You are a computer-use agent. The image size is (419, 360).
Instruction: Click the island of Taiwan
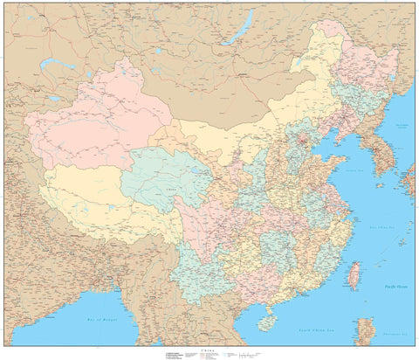coord(354,275)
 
